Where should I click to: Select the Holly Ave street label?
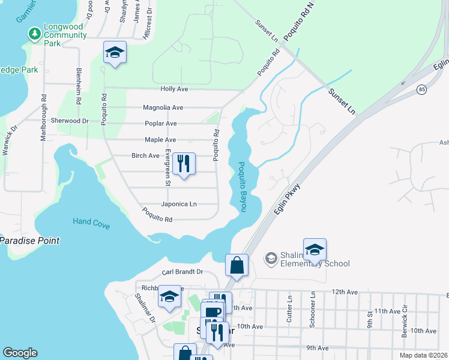(174, 89)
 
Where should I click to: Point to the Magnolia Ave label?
(163, 108)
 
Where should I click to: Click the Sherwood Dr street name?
(70, 121)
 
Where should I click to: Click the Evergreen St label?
(168, 162)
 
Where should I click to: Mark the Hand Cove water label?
(91, 223)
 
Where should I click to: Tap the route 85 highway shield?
(421, 89)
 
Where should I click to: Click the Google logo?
(20, 353)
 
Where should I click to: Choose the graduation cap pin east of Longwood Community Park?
(115, 53)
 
